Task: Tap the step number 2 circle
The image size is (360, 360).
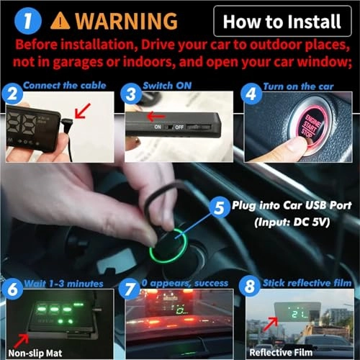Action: click(11, 93)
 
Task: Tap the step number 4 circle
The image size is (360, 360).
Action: click(249, 93)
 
